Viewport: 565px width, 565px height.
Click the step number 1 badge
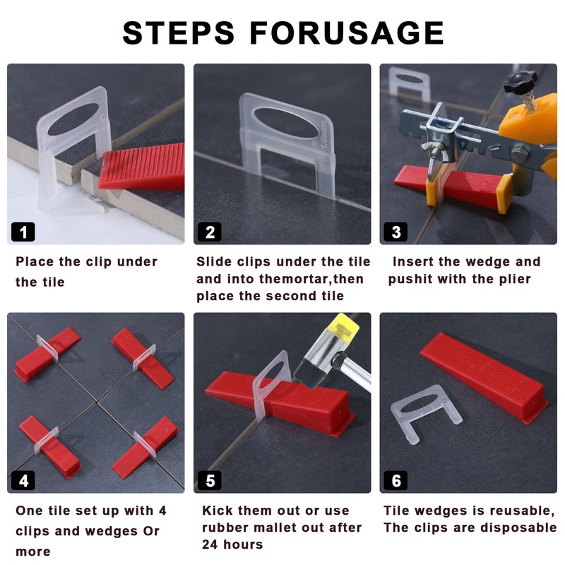23,232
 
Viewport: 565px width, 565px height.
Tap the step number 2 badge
210,232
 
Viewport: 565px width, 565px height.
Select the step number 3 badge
395,232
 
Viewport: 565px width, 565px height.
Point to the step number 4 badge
23,480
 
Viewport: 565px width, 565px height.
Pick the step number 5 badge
210,480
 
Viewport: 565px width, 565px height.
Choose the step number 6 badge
395,480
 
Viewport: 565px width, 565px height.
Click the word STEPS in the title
179,33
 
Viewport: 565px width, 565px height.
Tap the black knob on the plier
520,82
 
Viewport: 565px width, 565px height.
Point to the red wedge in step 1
143,166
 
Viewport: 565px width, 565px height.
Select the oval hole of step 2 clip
287,123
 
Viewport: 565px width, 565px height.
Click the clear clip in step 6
426,415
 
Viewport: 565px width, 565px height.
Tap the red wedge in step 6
484,376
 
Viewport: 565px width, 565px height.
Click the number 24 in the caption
210,545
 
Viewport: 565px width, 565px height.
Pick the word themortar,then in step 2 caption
311,279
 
